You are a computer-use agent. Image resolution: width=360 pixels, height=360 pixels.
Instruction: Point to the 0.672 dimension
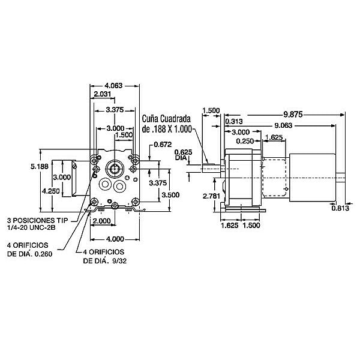(163, 145)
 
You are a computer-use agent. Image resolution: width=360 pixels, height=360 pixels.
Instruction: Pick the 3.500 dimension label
(171, 194)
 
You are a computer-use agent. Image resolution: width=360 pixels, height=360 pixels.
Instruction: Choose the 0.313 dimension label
(234, 122)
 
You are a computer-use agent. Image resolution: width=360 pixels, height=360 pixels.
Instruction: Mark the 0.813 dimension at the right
(340, 208)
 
